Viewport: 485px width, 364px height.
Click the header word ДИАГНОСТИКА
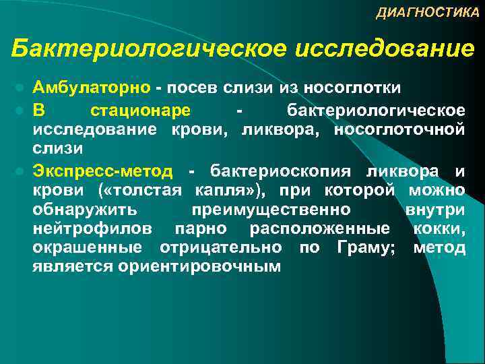[427, 13]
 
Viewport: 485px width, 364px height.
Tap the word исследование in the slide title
[385, 49]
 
